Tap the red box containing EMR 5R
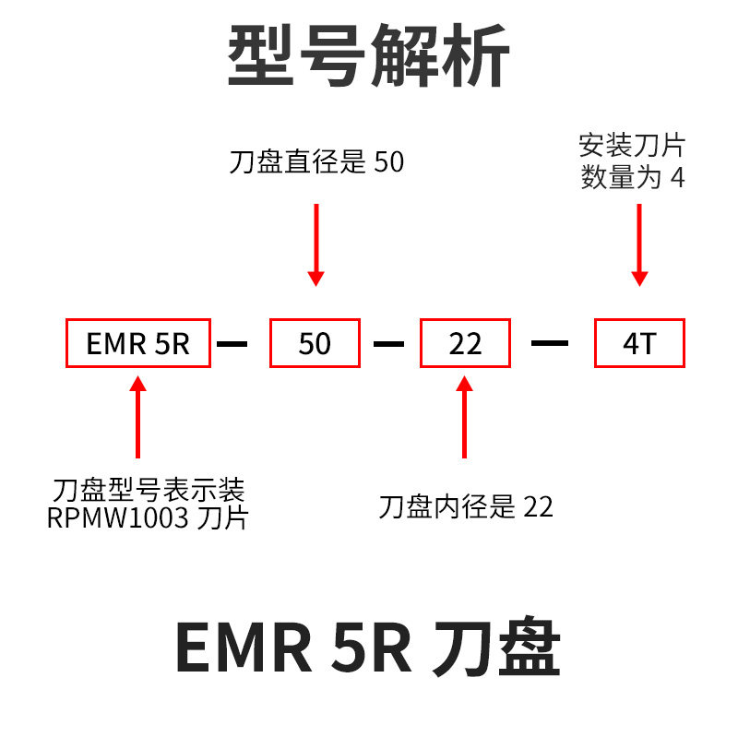(x=138, y=344)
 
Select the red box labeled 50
(x=315, y=344)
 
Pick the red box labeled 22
(x=465, y=344)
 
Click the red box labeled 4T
(x=639, y=344)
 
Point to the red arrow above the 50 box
(x=316, y=244)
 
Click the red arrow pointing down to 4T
(x=639, y=244)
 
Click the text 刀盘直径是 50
(x=316, y=162)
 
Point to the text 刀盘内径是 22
(x=466, y=506)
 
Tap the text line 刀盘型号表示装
(x=149, y=488)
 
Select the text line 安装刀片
(x=632, y=146)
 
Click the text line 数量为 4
(x=633, y=177)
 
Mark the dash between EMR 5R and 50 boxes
(x=232, y=344)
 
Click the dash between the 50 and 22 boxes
(x=389, y=344)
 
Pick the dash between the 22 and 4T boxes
(x=551, y=344)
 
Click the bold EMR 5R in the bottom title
(x=293, y=648)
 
